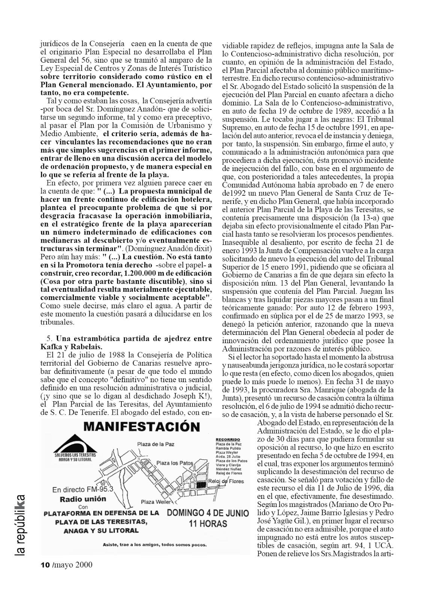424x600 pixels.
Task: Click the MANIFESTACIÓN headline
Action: pyautogui.click(x=141, y=427)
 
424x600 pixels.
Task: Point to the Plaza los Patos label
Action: pyautogui.click(x=174, y=463)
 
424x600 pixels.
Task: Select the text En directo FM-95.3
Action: pyautogui.click(x=82, y=490)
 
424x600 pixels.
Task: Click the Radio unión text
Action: pyautogui.click(x=83, y=499)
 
